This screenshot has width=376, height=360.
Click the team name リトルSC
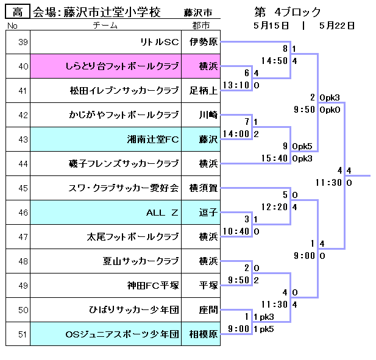pos(159,42)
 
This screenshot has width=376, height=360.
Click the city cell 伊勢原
pos(204,42)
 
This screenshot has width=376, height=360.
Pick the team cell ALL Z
pos(161,213)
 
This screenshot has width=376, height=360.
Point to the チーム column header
pos(105,26)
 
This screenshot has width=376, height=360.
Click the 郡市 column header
pos(200,26)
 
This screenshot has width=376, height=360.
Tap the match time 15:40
pos(275,158)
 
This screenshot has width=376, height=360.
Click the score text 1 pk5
pos(263,329)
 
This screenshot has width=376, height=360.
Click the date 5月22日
pos(336,26)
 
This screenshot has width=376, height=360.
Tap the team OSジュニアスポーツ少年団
pos(122,334)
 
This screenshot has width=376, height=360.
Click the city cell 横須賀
pos(203,188)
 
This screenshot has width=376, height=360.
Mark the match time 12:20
pos(275,207)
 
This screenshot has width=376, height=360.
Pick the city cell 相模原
pos(203,334)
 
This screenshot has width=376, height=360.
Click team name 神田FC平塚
pos(153,286)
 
